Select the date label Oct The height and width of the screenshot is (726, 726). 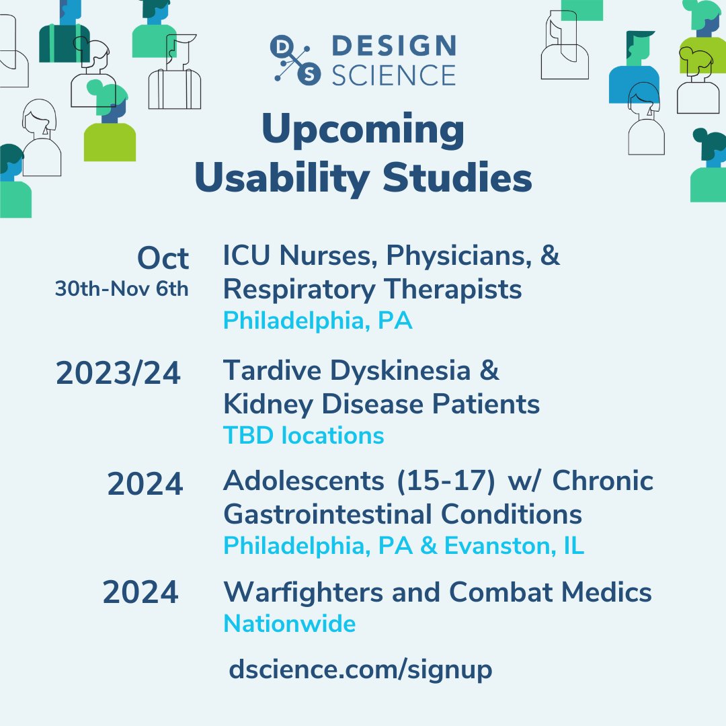(x=163, y=258)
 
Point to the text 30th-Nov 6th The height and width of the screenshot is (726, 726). (x=122, y=289)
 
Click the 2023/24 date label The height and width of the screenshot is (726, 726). (x=118, y=373)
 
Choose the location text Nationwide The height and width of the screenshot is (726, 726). (x=289, y=624)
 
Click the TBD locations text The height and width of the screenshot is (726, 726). (x=304, y=436)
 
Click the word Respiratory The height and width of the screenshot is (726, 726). (x=299, y=290)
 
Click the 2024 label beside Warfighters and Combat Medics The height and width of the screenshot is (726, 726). (x=140, y=593)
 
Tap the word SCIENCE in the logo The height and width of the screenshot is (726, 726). (x=394, y=74)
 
